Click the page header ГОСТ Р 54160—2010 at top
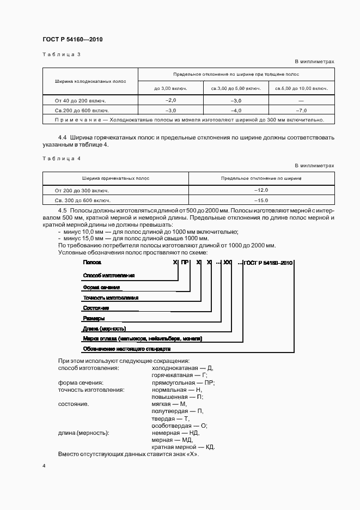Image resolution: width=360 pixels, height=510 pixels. coord(72,40)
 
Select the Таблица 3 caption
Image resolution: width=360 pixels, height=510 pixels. coord(61,54)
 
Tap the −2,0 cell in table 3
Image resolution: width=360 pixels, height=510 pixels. coord(170,101)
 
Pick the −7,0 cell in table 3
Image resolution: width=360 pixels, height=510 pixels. coord(301,110)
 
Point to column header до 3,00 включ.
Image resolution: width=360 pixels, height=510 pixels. coord(170,88)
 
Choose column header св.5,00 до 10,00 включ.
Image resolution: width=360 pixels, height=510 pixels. coord(301,88)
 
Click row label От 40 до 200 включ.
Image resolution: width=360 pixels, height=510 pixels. coord(80,101)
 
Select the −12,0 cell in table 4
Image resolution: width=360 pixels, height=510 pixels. coord(261,190)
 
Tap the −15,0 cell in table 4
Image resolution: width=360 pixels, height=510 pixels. coord(261,199)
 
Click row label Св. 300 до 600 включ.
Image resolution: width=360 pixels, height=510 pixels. coord(82,199)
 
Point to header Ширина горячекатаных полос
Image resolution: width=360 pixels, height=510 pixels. coord(116,178)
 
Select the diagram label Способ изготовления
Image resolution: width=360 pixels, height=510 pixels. coord(108,276)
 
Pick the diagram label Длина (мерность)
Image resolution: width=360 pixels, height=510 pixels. coord(104,329)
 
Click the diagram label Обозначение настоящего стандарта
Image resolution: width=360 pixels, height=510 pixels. coord(126,348)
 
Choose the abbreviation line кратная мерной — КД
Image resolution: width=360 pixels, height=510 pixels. coord(184,447)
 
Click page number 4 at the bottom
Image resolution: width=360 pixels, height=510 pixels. coord(44,466)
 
